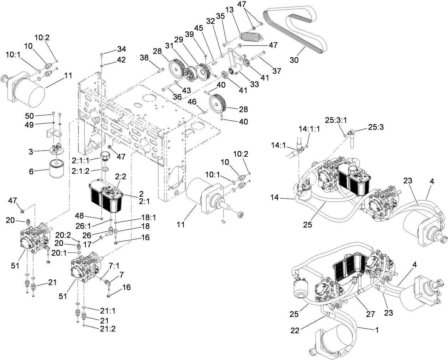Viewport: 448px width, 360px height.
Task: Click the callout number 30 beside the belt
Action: coord(294,60)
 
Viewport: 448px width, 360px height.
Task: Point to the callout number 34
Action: coord(121,49)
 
